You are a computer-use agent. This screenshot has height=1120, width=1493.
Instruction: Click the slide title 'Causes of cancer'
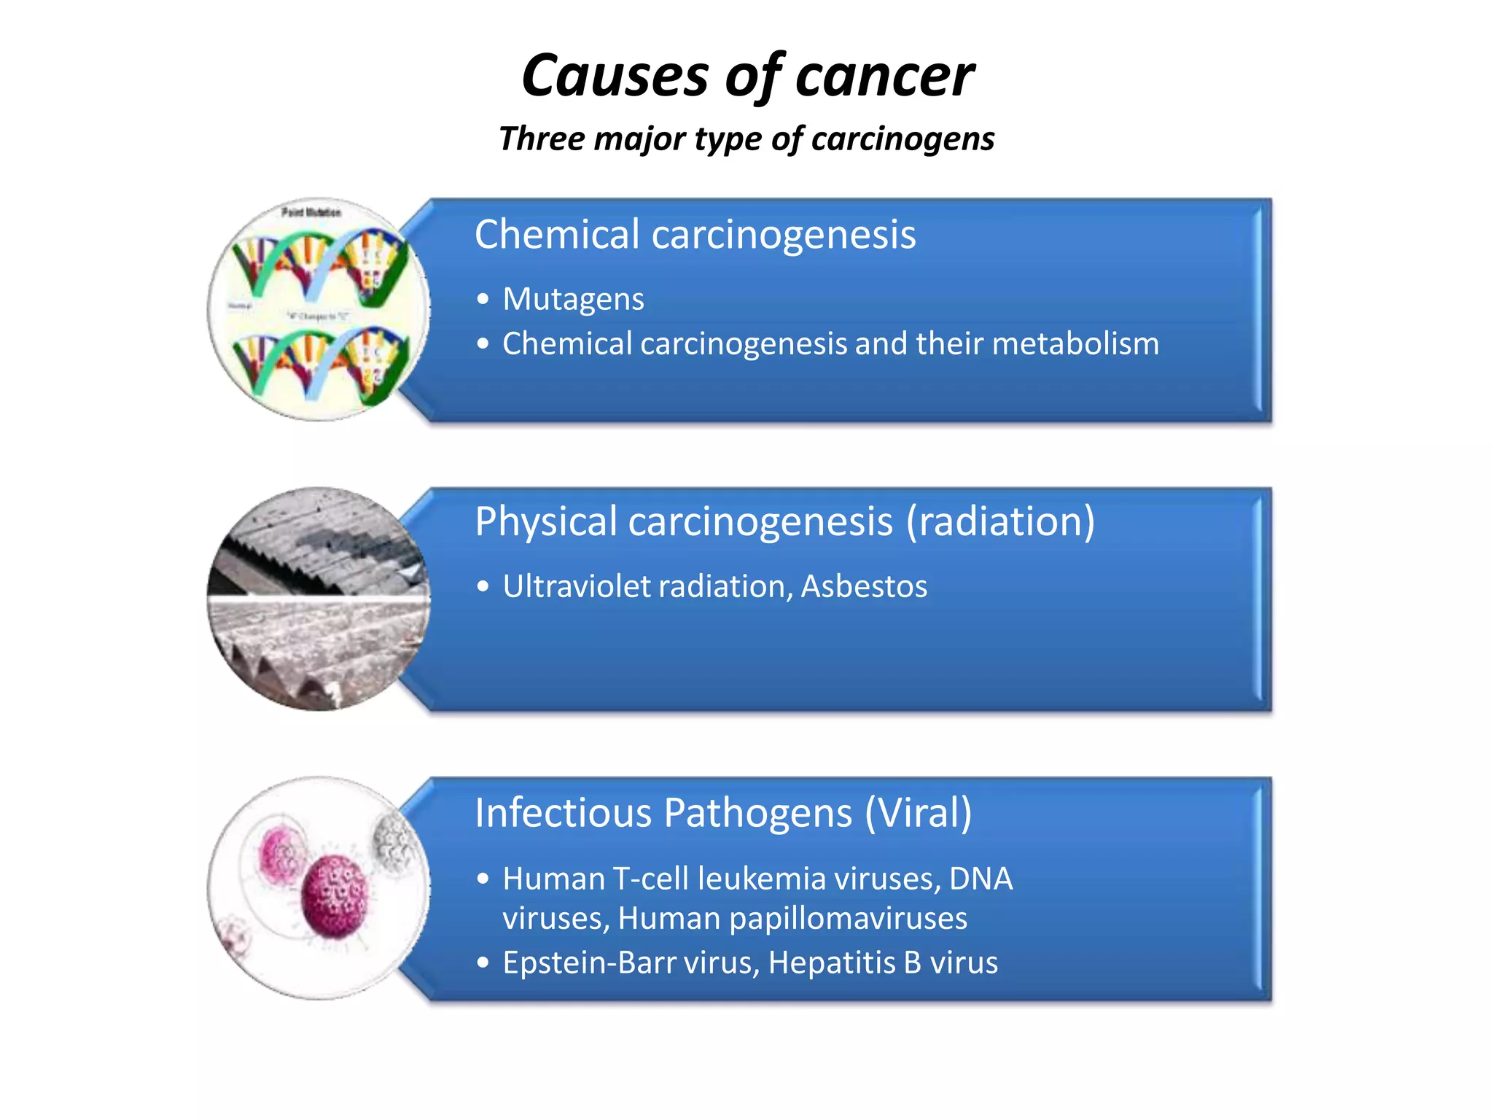747,75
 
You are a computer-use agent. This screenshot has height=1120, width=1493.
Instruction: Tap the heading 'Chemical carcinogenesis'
695,235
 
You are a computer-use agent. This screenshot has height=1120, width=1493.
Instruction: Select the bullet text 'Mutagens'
573,299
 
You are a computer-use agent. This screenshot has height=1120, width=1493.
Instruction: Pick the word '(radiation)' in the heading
1000,522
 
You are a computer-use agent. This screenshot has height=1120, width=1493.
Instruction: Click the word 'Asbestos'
864,586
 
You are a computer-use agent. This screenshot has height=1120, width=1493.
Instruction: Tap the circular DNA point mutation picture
318,309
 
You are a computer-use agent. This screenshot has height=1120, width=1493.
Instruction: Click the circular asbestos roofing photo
318,599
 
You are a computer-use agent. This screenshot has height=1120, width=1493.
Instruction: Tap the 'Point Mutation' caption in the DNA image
311,212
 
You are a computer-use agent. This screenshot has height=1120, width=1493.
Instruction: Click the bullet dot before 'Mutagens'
483,299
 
